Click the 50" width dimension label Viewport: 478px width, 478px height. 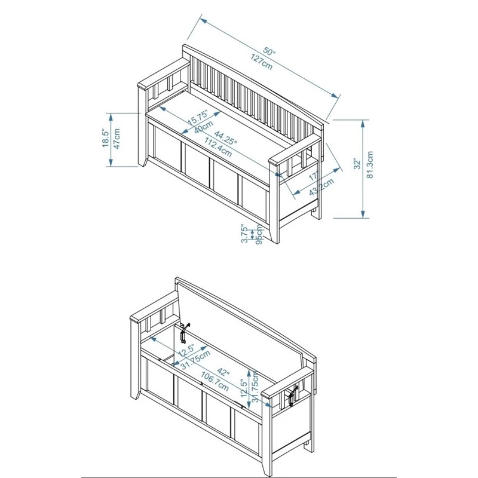[271, 53]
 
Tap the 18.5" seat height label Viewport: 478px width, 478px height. [105, 138]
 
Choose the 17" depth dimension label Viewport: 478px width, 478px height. [314, 176]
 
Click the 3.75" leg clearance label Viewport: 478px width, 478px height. [245, 234]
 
